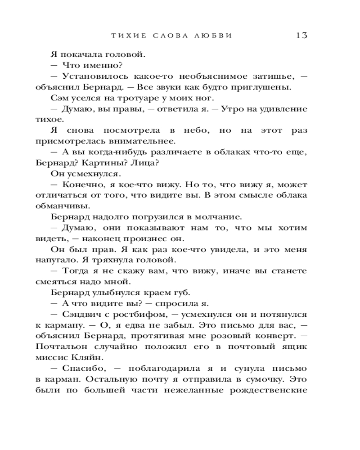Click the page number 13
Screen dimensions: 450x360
click(301, 36)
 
